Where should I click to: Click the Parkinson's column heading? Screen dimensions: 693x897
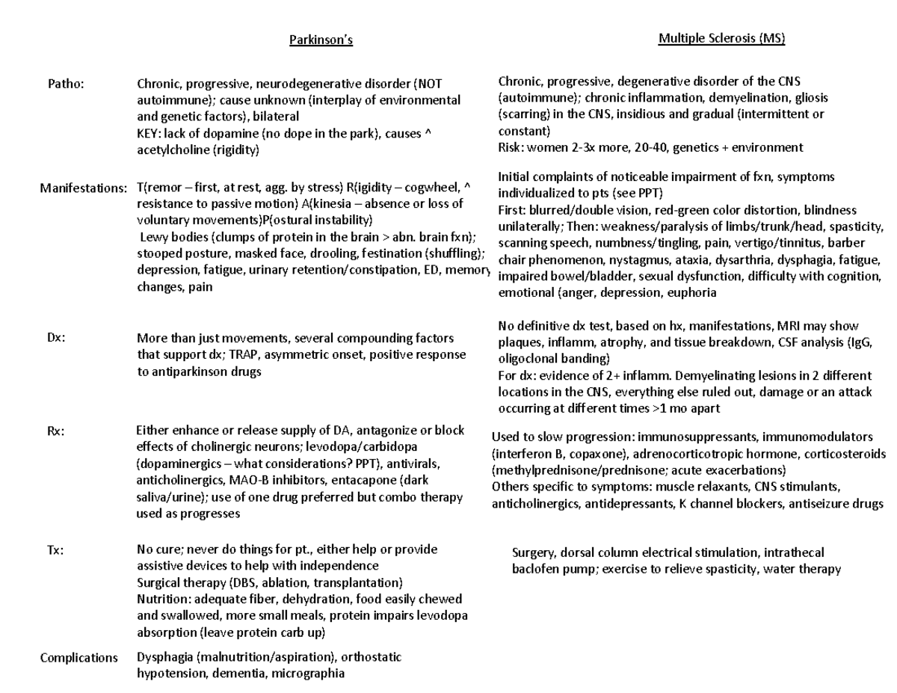[321, 40]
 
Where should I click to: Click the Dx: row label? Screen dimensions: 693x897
[56, 338]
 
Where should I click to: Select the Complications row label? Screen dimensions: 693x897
[79, 658]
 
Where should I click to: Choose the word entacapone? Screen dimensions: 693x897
[364, 481]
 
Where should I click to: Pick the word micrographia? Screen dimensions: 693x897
[308, 674]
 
